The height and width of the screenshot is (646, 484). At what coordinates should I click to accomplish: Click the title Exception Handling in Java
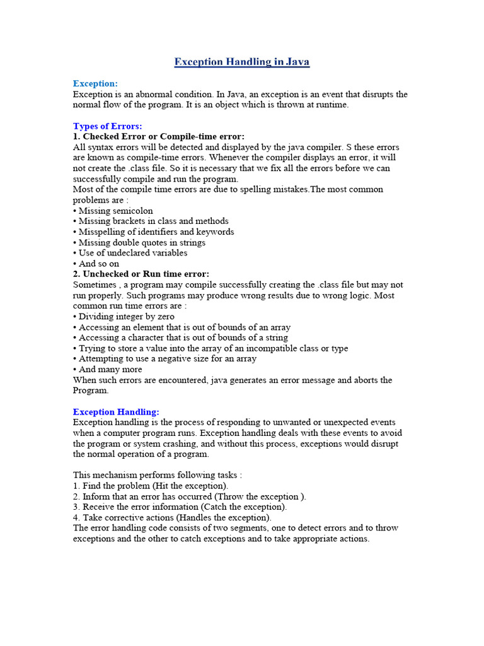(x=241, y=62)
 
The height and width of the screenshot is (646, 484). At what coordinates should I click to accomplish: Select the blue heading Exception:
(x=95, y=83)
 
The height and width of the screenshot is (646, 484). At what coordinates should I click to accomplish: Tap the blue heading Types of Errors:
(x=107, y=126)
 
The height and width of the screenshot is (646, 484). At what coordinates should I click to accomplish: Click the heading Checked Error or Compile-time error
(x=159, y=136)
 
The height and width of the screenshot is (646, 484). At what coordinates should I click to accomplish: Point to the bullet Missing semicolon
(x=113, y=211)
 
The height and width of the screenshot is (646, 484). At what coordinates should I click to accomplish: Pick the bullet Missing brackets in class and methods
(x=151, y=221)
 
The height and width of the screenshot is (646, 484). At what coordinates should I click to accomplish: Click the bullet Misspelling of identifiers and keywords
(x=154, y=232)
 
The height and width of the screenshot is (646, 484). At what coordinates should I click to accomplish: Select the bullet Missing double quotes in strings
(x=139, y=242)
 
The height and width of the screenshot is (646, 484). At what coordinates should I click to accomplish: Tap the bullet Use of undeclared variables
(x=130, y=253)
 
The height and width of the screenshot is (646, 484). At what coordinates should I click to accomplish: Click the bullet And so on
(x=96, y=264)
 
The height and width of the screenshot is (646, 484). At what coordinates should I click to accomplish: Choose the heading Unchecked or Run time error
(x=141, y=274)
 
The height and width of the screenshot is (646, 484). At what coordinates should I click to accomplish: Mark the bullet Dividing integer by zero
(x=124, y=317)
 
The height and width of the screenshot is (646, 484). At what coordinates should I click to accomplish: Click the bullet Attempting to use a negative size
(x=165, y=358)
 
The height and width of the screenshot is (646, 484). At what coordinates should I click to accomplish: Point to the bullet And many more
(x=108, y=369)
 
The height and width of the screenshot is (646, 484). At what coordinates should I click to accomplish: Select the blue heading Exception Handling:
(x=116, y=411)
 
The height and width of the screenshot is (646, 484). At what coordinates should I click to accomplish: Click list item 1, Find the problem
(x=151, y=486)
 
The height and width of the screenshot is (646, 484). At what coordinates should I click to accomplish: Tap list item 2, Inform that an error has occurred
(x=190, y=496)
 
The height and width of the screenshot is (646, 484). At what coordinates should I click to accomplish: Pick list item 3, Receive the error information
(x=180, y=507)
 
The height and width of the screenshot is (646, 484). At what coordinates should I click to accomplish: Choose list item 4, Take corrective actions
(x=173, y=517)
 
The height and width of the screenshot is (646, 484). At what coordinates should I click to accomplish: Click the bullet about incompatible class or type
(x=210, y=348)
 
